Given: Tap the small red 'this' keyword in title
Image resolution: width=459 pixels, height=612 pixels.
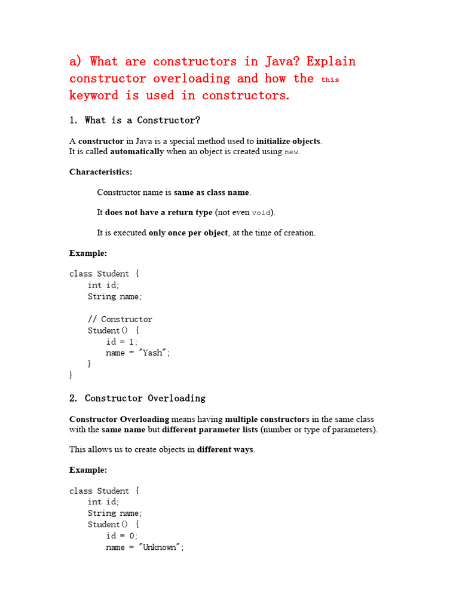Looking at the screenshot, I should (330, 79).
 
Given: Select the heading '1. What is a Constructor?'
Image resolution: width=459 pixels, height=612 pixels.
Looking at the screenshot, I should (134, 120).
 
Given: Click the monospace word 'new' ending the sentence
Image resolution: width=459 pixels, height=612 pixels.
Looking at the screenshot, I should (291, 152).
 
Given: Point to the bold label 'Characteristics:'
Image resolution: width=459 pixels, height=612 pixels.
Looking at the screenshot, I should (100, 172).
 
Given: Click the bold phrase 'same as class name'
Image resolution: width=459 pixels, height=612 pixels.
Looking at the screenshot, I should (212, 192).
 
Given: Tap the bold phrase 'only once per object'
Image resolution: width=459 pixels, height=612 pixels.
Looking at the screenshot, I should (188, 232).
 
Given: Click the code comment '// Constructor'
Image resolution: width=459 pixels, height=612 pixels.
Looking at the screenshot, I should (120, 319).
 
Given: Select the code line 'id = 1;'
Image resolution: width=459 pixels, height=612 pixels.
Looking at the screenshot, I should (122, 342).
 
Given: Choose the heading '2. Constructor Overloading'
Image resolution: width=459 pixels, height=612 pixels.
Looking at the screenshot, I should (137, 398).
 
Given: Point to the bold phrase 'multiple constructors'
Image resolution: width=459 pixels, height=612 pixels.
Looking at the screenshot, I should (267, 419).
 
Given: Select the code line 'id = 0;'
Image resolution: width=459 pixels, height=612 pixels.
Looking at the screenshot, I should (122, 536).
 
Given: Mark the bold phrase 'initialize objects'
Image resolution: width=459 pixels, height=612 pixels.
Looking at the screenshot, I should (289, 141).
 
